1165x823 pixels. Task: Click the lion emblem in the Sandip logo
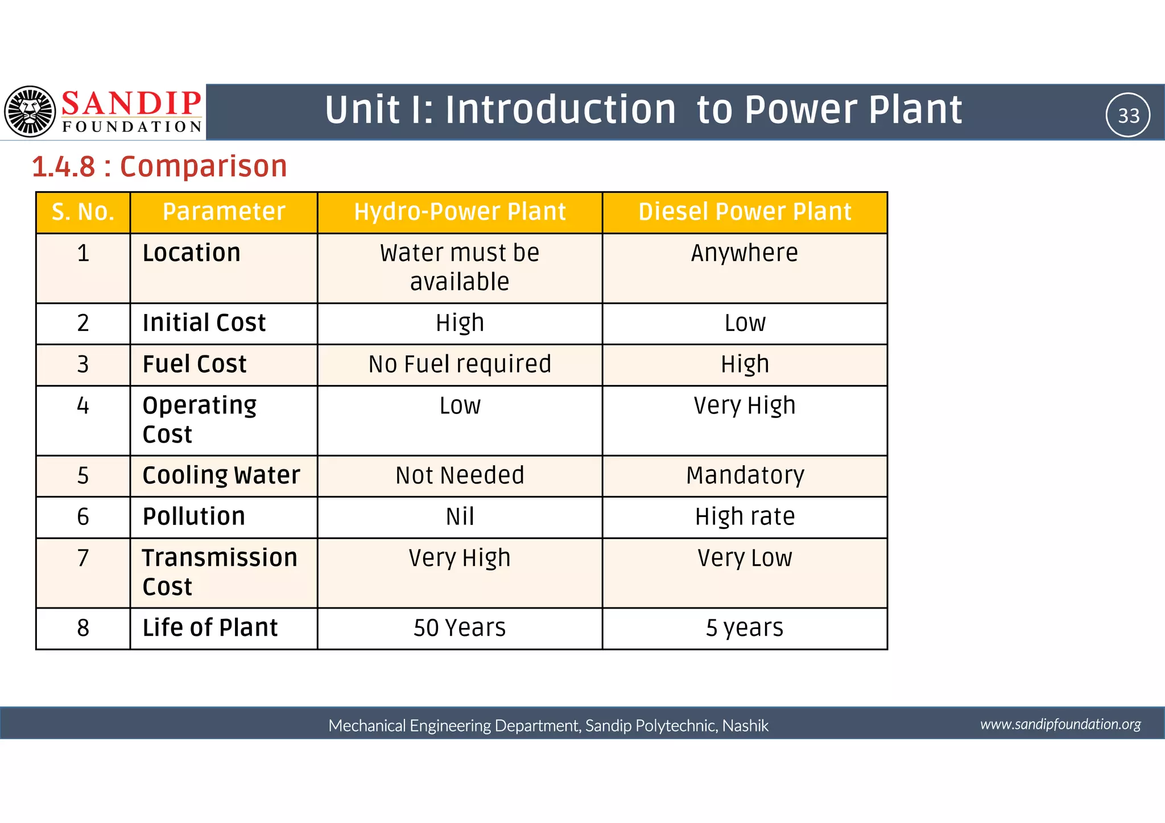point(30,111)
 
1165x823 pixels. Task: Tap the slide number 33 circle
point(1128,115)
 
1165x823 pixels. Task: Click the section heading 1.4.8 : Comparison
point(159,167)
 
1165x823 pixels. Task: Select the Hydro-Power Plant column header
point(460,212)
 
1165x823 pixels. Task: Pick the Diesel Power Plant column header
point(745,212)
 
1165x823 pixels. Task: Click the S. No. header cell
point(83,212)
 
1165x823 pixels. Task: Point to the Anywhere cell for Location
point(745,253)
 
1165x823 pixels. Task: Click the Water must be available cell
point(460,267)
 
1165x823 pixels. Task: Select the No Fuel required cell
point(460,365)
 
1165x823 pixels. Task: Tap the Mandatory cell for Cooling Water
point(745,475)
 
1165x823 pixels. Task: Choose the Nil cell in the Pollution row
point(460,517)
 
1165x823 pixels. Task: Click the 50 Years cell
point(460,628)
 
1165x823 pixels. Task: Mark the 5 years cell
point(745,628)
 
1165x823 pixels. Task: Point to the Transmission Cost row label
point(220,572)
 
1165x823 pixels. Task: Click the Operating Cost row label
point(199,420)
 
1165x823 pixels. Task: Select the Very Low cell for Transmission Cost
point(745,558)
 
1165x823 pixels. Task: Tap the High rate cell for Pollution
point(745,517)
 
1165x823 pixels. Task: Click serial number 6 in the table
point(83,517)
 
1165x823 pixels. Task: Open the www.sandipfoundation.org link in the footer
point(1060,724)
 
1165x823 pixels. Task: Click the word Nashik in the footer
point(745,726)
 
